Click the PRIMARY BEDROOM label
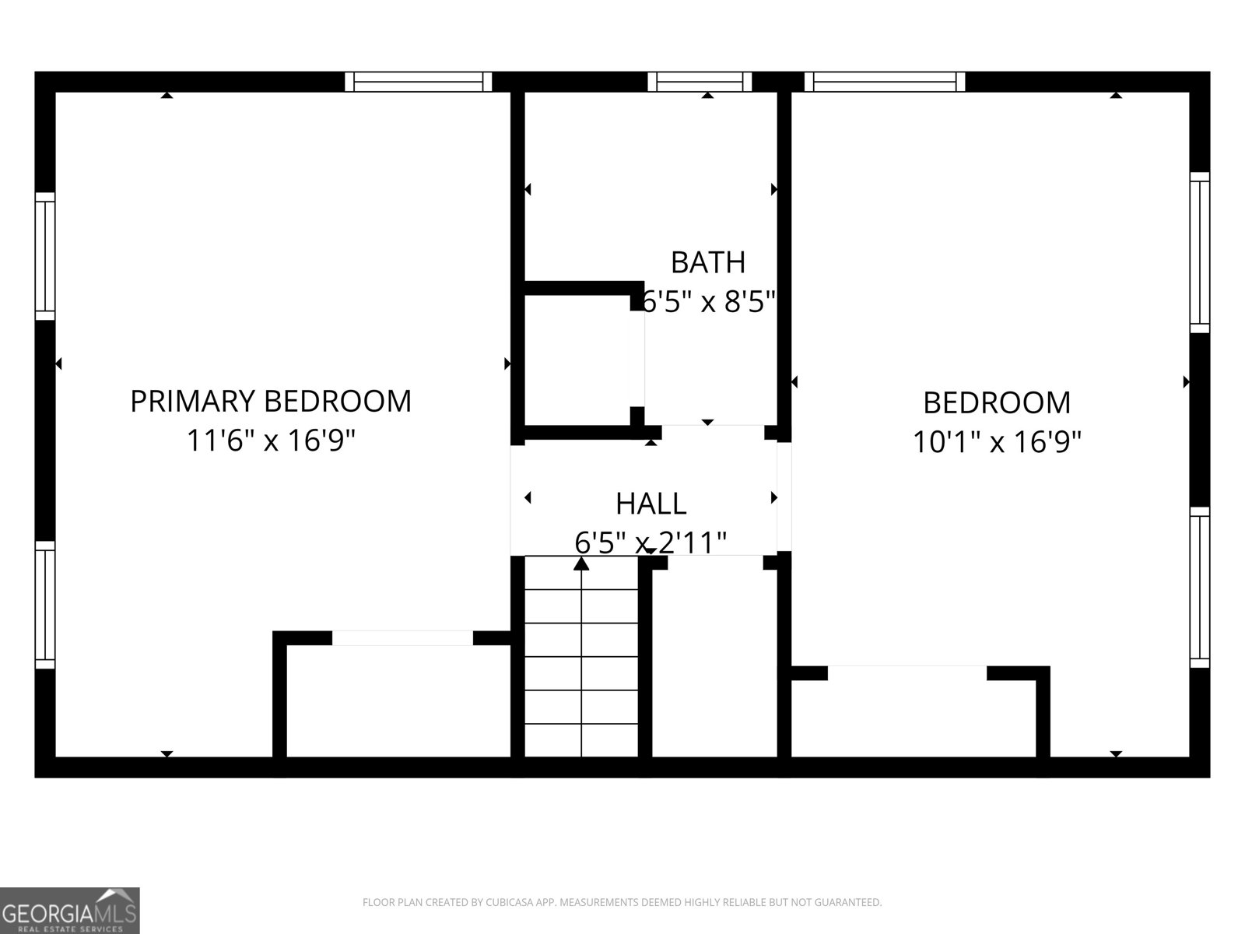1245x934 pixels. tap(270, 401)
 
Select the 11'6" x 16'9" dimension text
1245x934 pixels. tap(270, 441)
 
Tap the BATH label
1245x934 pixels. tap(707, 262)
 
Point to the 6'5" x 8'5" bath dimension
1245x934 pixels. tap(707, 301)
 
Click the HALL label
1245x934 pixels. tap(651, 504)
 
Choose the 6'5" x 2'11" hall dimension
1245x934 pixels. tap(651, 542)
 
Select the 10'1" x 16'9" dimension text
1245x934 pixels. tap(997, 443)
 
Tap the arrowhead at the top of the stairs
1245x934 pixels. tap(581, 563)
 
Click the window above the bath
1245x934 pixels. tap(700, 82)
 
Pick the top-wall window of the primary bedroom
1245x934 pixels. tap(418, 82)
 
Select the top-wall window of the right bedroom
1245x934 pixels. tap(884, 82)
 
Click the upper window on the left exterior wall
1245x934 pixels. tap(45, 255)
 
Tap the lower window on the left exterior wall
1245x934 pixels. tap(45, 604)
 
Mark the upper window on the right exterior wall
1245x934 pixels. tap(1200, 252)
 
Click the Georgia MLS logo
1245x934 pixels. tap(69, 910)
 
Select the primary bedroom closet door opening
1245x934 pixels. tap(402, 638)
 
